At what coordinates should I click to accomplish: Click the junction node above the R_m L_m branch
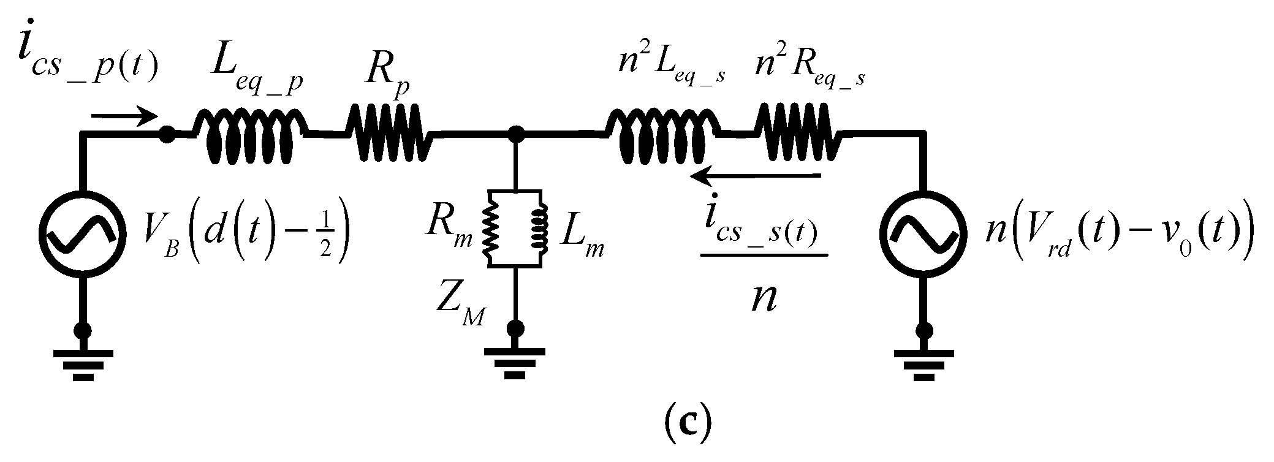(x=517, y=132)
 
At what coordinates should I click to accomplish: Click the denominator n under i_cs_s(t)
(x=764, y=300)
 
